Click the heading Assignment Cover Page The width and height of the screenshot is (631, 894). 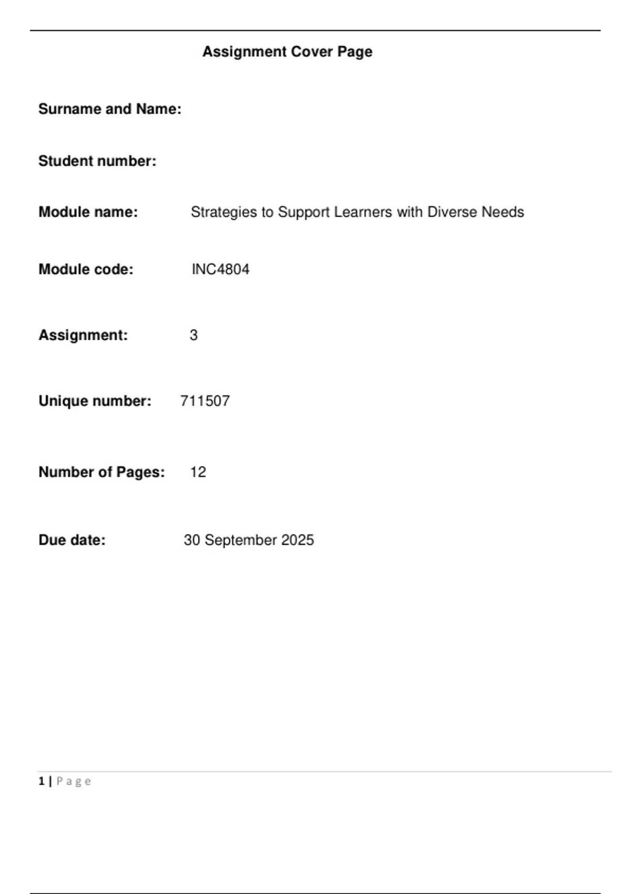tap(287, 52)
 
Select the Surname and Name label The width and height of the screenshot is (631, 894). tap(109, 109)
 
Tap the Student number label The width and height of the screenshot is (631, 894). tap(97, 161)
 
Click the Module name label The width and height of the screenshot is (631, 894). tap(88, 212)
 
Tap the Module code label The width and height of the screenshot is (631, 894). tap(86, 269)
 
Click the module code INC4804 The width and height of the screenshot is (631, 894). tap(220, 269)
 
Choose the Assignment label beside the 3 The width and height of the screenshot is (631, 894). tap(83, 335)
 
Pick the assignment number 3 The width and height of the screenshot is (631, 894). tap(194, 335)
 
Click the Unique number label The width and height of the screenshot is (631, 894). tap(95, 401)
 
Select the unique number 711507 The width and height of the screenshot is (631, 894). tap(205, 401)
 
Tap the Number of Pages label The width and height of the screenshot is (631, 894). tap(101, 472)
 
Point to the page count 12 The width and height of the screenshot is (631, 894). tap(198, 472)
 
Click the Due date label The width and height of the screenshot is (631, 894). tap(72, 540)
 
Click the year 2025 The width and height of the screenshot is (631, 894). tap(297, 540)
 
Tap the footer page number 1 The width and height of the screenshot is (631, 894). tap(41, 781)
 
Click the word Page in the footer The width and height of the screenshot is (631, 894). tap(74, 781)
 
